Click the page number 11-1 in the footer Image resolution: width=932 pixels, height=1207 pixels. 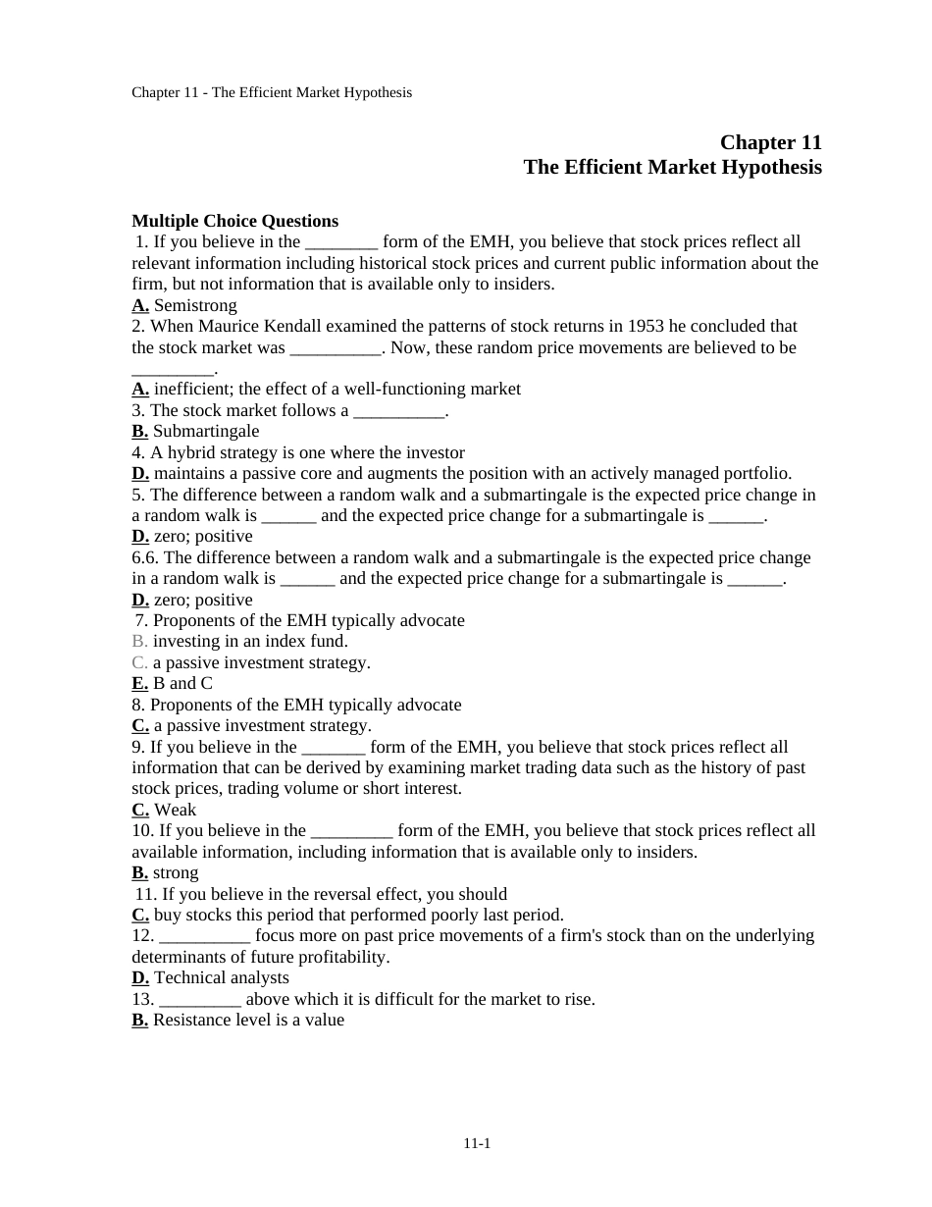(x=477, y=1143)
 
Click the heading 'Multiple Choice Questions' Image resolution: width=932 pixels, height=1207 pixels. (x=234, y=221)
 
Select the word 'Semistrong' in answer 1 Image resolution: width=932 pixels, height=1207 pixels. (x=195, y=305)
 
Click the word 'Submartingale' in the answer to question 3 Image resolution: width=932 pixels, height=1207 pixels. (x=206, y=431)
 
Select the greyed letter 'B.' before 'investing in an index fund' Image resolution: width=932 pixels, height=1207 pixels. (x=139, y=641)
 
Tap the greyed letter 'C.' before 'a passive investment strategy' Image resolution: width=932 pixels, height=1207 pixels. (x=139, y=662)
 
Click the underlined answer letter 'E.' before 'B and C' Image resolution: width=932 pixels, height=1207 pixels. (x=139, y=683)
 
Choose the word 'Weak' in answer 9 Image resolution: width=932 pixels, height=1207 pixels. (x=175, y=810)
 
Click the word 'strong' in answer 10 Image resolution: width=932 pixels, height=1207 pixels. (x=176, y=872)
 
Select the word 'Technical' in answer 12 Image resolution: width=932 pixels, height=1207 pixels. (x=187, y=977)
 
